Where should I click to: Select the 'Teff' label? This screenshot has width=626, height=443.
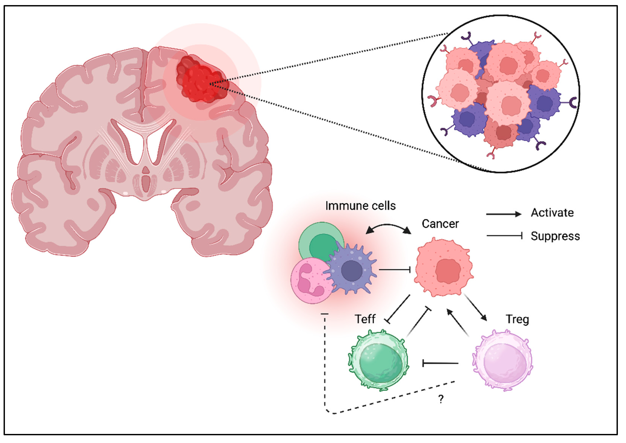(x=365, y=319)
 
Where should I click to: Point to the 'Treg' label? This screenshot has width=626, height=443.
(x=517, y=319)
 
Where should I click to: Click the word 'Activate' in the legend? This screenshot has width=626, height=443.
(x=552, y=213)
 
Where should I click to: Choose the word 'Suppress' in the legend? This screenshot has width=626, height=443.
(x=555, y=236)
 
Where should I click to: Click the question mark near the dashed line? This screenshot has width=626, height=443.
(x=441, y=399)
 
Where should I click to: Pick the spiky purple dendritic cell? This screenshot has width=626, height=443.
(x=351, y=270)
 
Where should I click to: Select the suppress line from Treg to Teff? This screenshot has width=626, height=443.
(x=440, y=363)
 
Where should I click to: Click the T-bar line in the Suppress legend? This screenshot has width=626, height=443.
(x=504, y=236)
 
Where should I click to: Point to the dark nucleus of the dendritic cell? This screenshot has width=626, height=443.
(x=352, y=271)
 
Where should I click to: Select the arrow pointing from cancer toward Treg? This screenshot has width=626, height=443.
(x=475, y=307)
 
